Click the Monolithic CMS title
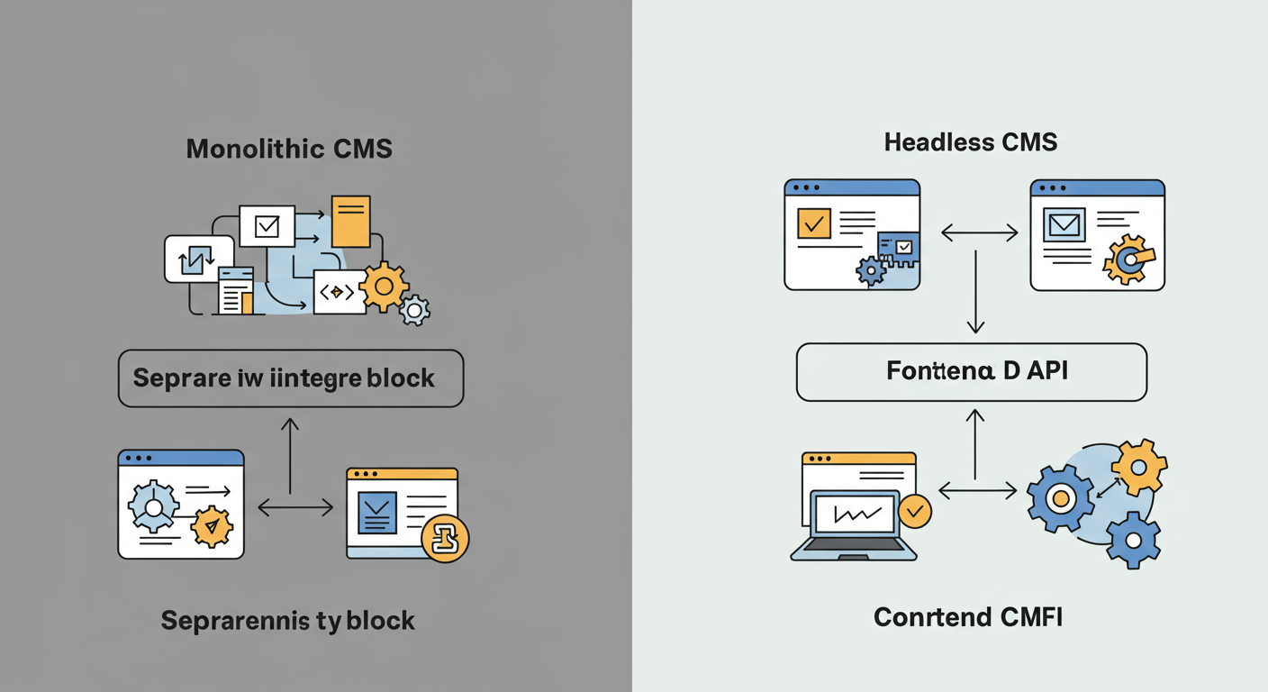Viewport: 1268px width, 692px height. click(289, 149)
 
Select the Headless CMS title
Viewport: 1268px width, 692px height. click(971, 142)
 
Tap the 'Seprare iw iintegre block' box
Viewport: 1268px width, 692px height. click(290, 378)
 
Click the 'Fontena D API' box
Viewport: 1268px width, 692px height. click(972, 371)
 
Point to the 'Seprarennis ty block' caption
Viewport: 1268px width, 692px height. click(288, 620)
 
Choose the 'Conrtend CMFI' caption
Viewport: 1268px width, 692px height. click(968, 617)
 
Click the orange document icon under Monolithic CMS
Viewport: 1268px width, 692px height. click(351, 221)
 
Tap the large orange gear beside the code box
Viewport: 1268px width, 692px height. click(385, 287)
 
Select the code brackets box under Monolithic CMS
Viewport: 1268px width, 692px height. click(339, 292)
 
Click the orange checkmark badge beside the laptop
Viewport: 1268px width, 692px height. click(915, 511)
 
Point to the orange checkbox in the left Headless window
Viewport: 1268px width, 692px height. click(814, 223)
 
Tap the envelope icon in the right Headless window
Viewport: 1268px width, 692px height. click(1064, 224)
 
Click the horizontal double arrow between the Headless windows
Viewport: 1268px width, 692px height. click(979, 233)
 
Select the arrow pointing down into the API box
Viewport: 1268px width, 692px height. click(976, 297)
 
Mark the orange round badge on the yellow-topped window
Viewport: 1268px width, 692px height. click(445, 540)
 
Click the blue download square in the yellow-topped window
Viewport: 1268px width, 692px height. click(377, 513)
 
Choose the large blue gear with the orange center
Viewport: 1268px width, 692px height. click(1061, 498)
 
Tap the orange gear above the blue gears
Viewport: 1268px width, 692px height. click(1138, 467)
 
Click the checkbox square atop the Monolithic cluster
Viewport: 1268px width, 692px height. click(267, 225)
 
